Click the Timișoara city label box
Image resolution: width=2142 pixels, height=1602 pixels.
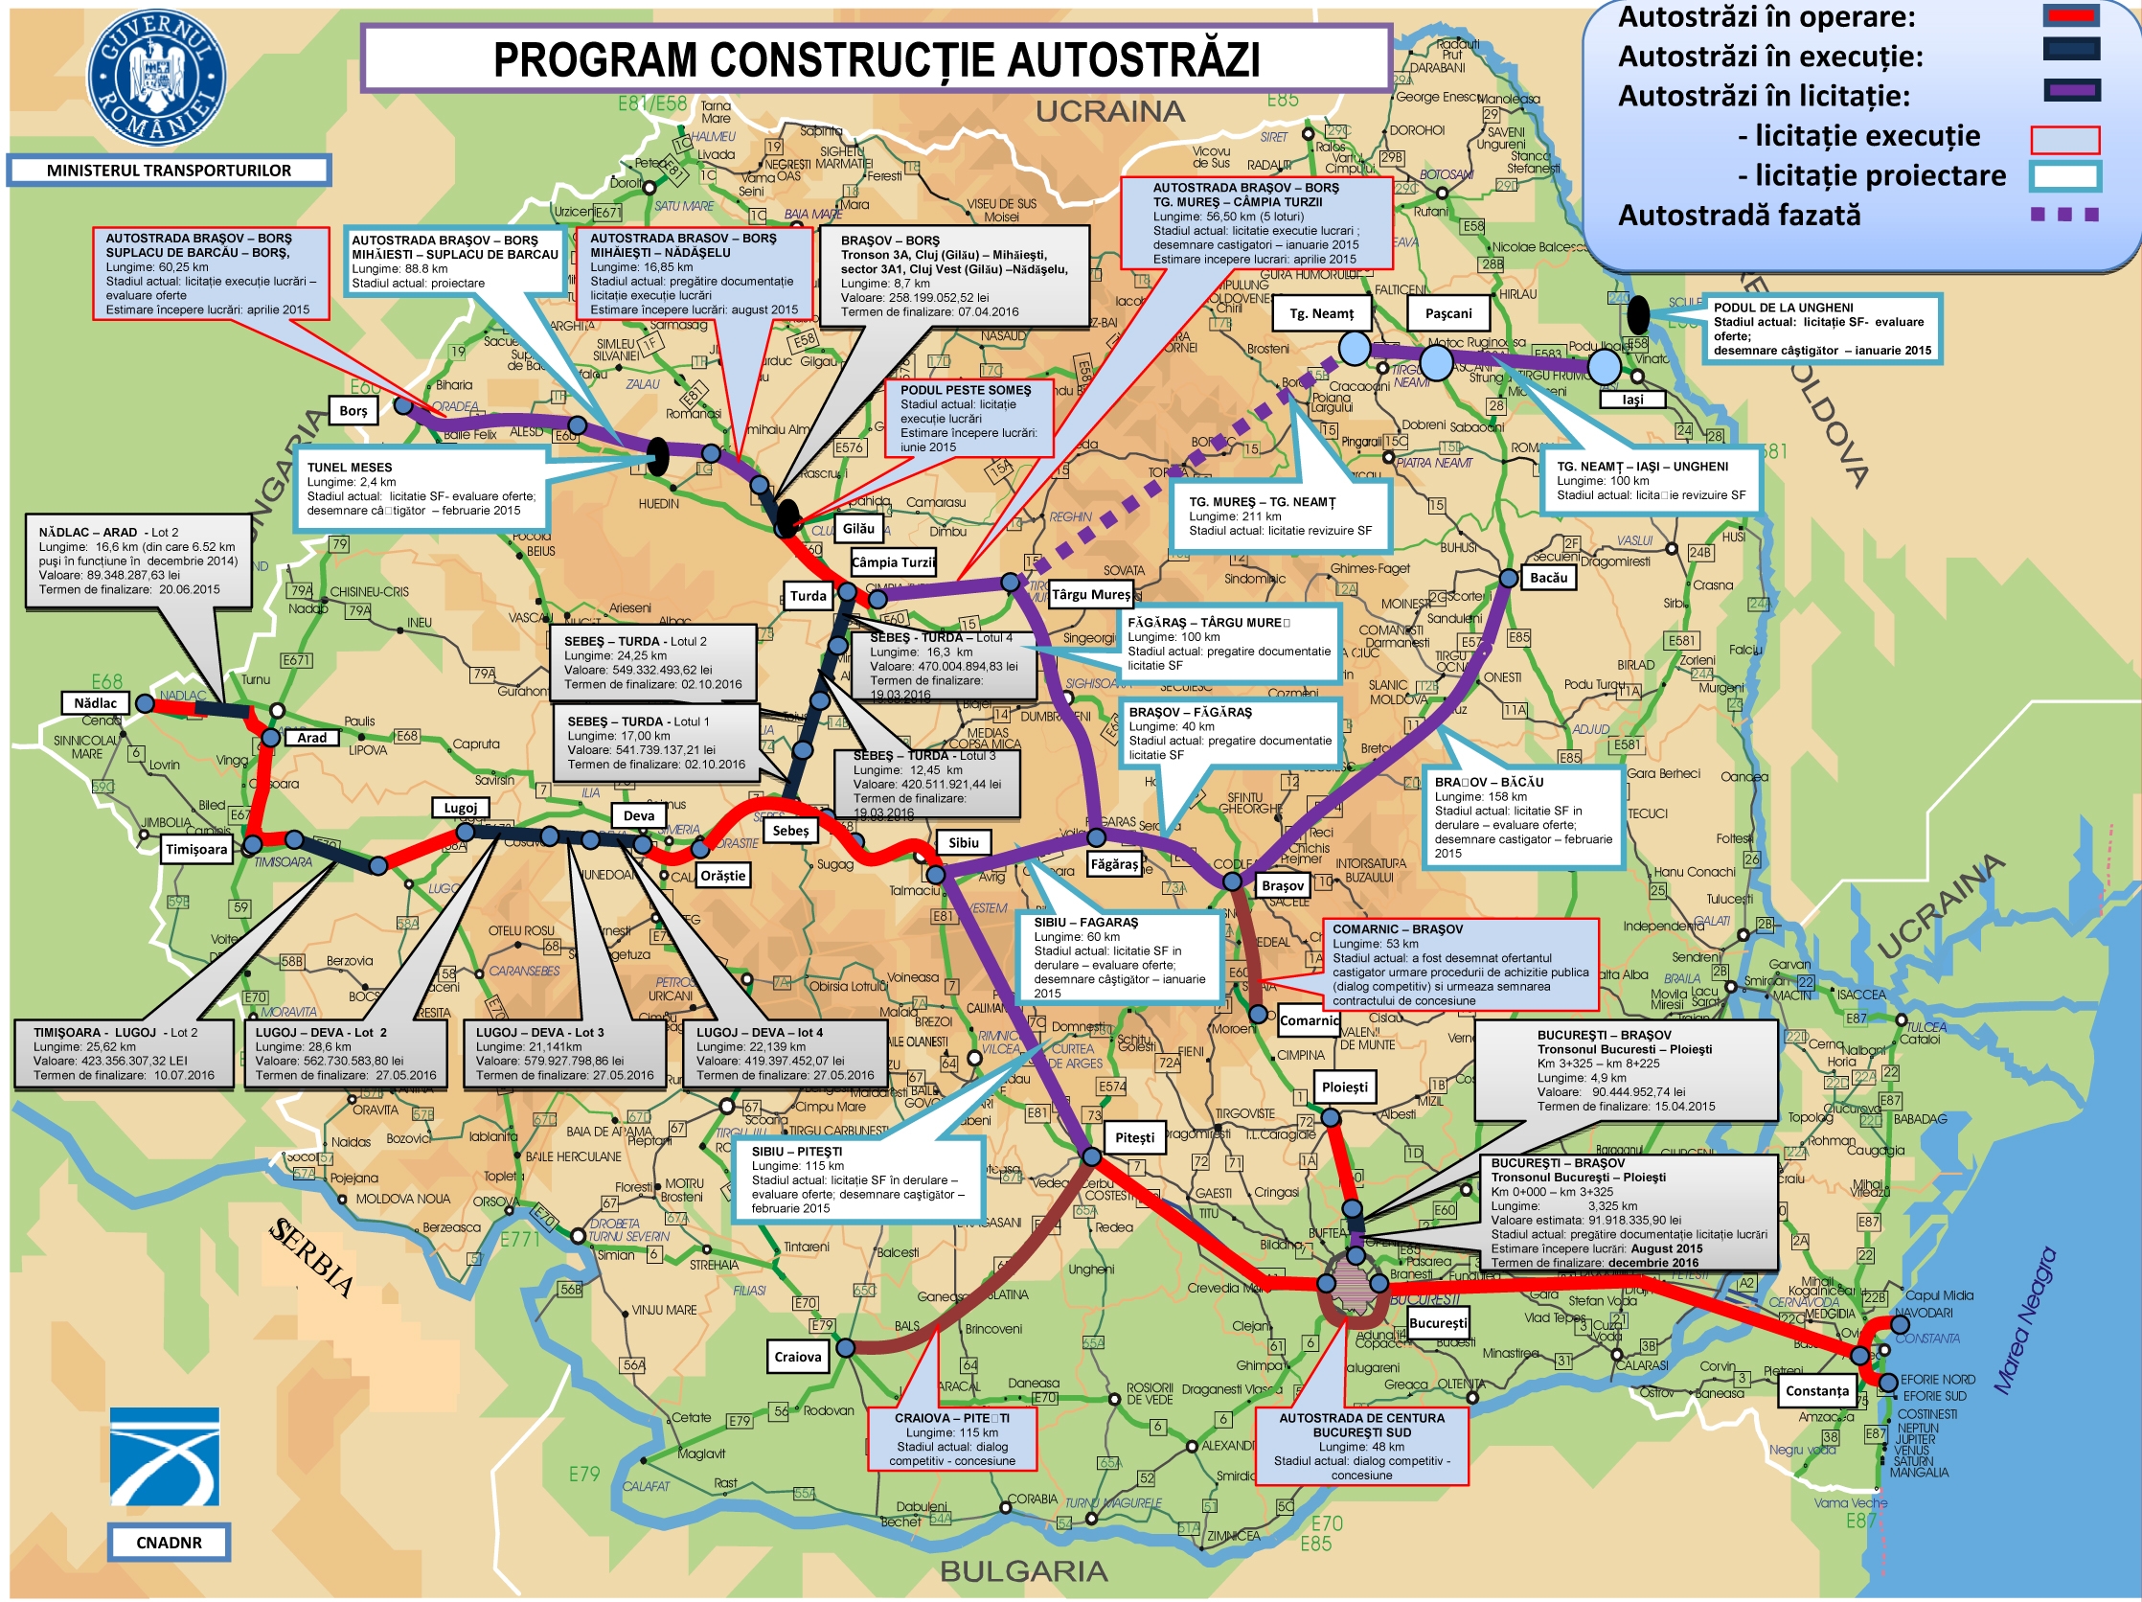point(196,850)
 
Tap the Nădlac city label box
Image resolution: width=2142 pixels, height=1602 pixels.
point(95,703)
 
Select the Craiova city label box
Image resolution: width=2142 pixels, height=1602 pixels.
point(797,1357)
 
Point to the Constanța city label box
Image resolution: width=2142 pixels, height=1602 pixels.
point(1816,1391)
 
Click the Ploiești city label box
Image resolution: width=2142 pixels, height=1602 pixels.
point(1344,1087)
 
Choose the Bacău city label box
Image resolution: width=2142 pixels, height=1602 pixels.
point(1548,577)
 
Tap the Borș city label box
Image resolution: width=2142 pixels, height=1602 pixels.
point(353,411)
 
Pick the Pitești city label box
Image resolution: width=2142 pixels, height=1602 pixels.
point(1134,1137)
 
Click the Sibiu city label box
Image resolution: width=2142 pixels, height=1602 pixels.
point(963,842)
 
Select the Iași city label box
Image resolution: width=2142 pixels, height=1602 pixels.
point(1632,399)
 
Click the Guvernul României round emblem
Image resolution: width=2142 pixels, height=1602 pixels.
point(157,76)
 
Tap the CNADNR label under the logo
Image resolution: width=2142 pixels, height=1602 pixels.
point(169,1542)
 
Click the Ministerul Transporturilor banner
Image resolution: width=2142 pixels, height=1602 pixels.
point(169,171)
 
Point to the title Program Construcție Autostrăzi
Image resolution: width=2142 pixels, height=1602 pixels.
point(877,59)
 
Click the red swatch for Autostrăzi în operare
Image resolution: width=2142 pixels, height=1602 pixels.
point(2071,15)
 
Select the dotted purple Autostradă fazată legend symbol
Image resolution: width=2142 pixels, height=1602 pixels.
point(2064,214)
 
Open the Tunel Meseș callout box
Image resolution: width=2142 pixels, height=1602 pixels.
point(421,489)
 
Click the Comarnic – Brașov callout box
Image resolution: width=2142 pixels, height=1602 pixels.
point(1459,964)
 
